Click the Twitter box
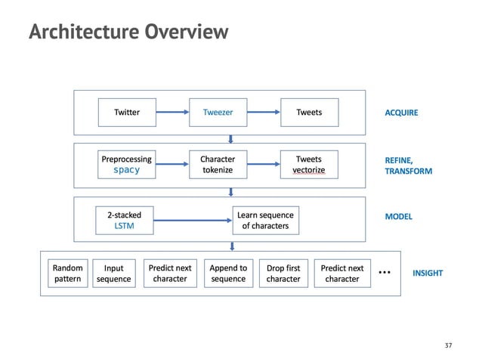click(127, 113)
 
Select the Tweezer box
click(218, 113)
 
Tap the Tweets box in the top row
click(308, 113)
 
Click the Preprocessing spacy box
click(127, 165)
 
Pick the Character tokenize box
click(218, 165)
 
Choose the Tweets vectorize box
click(308, 165)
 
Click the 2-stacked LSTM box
click(124, 220)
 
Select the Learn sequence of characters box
click(264, 220)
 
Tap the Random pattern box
click(67, 274)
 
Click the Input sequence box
click(113, 274)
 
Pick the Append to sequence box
click(227, 274)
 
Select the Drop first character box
click(284, 274)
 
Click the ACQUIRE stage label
click(401, 113)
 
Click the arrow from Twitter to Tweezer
click(171, 113)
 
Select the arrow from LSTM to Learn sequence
click(193, 220)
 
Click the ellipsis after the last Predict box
click(385, 272)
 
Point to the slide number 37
click(448, 345)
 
